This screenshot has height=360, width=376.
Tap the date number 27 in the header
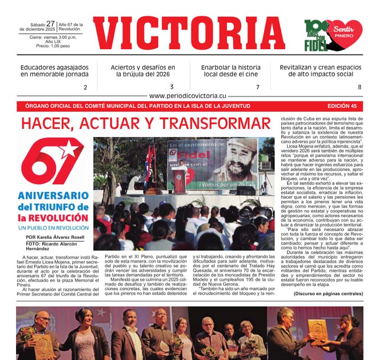coord(50,24)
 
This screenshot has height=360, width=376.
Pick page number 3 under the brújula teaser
coord(172,87)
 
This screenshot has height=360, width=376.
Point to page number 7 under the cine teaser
coord(257,87)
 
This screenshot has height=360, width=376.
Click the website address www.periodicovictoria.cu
coord(188,96)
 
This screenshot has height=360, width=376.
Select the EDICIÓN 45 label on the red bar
coord(346,106)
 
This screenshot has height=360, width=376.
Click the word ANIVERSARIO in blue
coord(53,196)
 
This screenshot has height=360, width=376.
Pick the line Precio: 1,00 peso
coord(52,46)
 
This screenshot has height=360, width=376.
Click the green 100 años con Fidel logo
coord(316,34)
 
